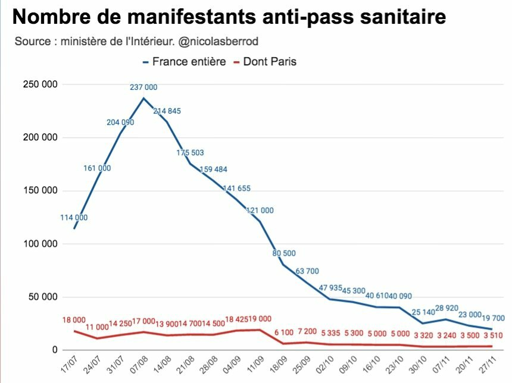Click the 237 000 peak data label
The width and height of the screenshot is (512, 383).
coord(143,87)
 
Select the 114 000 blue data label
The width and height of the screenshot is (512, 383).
coord(74,217)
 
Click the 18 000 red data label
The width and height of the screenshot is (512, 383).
coord(74,319)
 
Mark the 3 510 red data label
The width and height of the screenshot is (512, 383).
coord(493,336)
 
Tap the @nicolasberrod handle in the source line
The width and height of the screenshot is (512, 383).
coord(222,42)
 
